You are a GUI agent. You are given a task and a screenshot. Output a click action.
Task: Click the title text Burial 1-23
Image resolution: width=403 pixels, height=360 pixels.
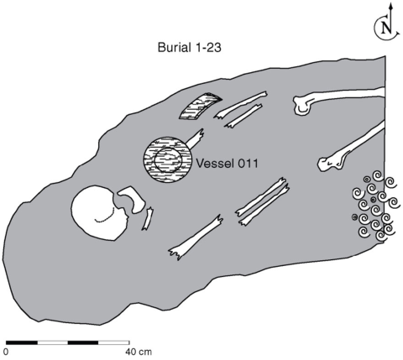pyautogui.click(x=189, y=48)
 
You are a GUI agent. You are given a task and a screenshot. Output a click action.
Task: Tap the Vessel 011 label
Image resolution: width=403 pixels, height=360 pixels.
pyautogui.click(x=227, y=163)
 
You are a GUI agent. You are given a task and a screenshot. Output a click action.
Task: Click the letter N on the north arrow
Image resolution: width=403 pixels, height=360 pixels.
pyautogui.click(x=387, y=28)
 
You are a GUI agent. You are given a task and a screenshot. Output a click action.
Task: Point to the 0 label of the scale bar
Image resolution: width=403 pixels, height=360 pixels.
pyautogui.click(x=6, y=352)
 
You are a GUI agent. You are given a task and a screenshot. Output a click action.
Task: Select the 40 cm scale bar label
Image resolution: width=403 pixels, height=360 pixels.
pyautogui.click(x=139, y=352)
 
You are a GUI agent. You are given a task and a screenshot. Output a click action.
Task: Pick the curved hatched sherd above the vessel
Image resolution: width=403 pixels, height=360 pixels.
pyautogui.click(x=200, y=106)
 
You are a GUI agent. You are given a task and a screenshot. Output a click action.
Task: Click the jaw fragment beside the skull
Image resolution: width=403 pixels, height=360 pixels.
pyautogui.click(x=133, y=198)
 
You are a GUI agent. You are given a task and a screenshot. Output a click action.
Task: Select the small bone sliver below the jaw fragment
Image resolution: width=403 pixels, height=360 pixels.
pyautogui.click(x=148, y=219)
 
